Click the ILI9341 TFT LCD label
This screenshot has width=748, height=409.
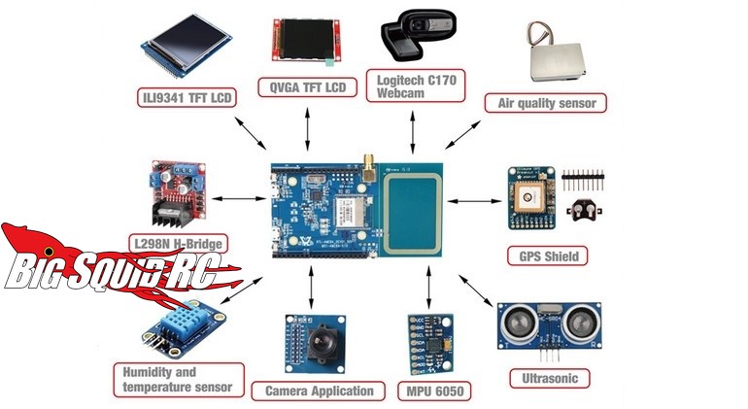(x=187, y=97)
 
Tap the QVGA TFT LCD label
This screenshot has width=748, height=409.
(x=307, y=87)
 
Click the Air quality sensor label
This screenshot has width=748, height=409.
(x=546, y=102)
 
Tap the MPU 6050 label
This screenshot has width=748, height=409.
(x=430, y=391)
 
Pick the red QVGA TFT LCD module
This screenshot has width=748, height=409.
(x=305, y=42)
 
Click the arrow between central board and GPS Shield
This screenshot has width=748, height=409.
(x=475, y=201)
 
